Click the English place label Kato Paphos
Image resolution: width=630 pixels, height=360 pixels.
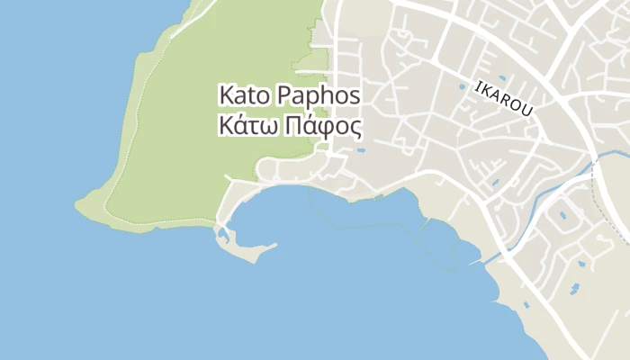pos(290,94)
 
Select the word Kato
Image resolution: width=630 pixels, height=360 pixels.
pos(245,94)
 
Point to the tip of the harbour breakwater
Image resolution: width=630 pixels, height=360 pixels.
pos(274,244)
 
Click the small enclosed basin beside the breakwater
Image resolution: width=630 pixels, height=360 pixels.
pos(221,235)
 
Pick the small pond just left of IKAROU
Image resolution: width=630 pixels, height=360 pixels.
pos(463,87)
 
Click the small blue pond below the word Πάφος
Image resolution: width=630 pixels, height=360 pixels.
pos(360,149)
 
